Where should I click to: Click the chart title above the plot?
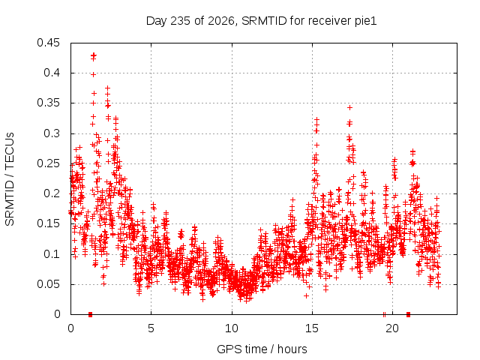[261, 21]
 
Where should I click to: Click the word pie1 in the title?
[366, 22]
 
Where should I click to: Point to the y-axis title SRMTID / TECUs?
[10, 179]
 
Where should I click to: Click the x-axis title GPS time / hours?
[262, 349]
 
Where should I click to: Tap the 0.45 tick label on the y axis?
[48, 43]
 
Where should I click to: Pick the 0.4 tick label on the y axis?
[52, 73]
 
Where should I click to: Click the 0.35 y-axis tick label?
[48, 103]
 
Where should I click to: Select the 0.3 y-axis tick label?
[52, 133]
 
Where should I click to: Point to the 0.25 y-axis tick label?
[48, 163]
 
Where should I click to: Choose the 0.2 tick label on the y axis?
[52, 193]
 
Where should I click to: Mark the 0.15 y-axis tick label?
[48, 223]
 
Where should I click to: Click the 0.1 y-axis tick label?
[52, 254]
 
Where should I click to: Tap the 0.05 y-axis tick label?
[48, 284]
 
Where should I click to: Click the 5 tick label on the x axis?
[151, 328]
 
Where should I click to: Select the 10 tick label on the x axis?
[232, 328]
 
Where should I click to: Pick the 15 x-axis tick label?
[312, 328]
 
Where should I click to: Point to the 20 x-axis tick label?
[392, 328]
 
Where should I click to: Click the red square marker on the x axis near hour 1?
[90, 314]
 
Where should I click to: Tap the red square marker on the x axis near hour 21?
[408, 314]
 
